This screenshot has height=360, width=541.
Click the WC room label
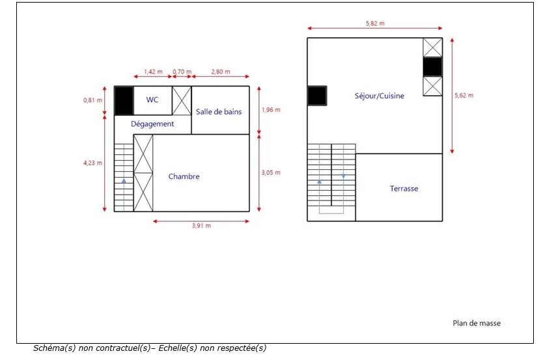pyautogui.click(x=152, y=100)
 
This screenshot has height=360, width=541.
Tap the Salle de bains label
pyautogui.click(x=219, y=112)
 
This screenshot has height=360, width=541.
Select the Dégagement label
pyautogui.click(x=152, y=124)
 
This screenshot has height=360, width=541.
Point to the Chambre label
pyautogui.click(x=184, y=176)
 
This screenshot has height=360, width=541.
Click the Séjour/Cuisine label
pyautogui.click(x=379, y=96)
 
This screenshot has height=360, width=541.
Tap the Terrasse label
pyautogui.click(x=404, y=188)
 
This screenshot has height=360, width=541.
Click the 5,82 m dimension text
pyautogui.click(x=375, y=23)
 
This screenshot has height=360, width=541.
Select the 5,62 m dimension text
pyautogui.click(x=464, y=95)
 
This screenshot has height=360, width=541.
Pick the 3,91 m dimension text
pyautogui.click(x=201, y=226)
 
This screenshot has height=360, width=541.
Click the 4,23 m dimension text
pyautogui.click(x=93, y=163)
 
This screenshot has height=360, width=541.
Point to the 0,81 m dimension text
pyautogui.click(x=93, y=100)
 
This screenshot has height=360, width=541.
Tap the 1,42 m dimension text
pyautogui.click(x=153, y=72)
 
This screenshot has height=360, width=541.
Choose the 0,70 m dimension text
pyautogui.click(x=182, y=72)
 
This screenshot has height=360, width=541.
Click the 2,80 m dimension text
pyautogui.click(x=221, y=72)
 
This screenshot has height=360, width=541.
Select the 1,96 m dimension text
pyautogui.click(x=271, y=110)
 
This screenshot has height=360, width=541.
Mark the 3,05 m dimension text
pyautogui.click(x=271, y=173)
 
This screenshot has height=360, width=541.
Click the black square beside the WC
pyautogui.click(x=124, y=100)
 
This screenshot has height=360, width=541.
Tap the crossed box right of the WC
pyautogui.click(x=182, y=100)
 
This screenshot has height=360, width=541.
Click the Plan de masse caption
pyautogui.click(x=477, y=324)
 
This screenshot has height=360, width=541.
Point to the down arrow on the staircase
pyautogui.click(x=343, y=176)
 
